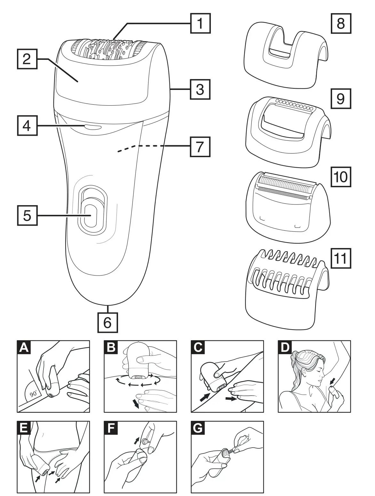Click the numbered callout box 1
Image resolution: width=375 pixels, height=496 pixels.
(x=201, y=23)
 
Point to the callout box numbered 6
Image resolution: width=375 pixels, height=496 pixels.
(x=108, y=322)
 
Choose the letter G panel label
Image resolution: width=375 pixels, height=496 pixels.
(x=198, y=428)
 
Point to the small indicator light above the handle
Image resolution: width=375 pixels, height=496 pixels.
(x=92, y=127)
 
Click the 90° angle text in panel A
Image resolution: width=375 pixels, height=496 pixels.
(x=33, y=394)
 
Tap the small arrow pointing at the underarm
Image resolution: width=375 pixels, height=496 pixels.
(x=333, y=380)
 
